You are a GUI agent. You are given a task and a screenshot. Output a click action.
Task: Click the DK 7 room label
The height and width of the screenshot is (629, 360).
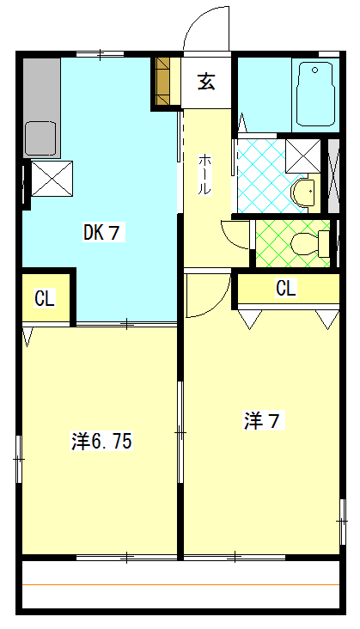(x=101, y=233)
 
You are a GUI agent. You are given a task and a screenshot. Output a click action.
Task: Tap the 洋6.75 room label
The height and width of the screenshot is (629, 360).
(x=102, y=442)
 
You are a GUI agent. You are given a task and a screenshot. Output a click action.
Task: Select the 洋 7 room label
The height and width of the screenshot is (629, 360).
(x=262, y=421)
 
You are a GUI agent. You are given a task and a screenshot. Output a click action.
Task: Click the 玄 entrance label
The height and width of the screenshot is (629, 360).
(x=206, y=82)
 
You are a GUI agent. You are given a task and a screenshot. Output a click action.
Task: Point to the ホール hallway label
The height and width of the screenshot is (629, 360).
(x=204, y=174)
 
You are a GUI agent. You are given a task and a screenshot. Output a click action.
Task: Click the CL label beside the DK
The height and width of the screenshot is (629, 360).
(x=45, y=298)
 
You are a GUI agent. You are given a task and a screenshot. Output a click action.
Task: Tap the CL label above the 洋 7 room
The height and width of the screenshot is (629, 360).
(x=286, y=288)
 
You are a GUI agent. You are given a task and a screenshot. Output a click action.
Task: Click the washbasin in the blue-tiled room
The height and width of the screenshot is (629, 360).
(x=303, y=192)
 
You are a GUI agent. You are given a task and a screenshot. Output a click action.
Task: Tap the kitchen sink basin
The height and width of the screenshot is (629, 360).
(x=40, y=139)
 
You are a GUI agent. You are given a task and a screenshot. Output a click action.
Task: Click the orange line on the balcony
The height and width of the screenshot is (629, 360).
(x=180, y=584)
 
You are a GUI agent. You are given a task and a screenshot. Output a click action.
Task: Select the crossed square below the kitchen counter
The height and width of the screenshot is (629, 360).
(x=52, y=179)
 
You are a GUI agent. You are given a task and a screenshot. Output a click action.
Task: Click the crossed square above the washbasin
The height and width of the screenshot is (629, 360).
(x=302, y=156)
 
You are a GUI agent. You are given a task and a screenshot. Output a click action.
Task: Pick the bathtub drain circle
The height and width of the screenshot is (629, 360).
(x=314, y=70)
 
